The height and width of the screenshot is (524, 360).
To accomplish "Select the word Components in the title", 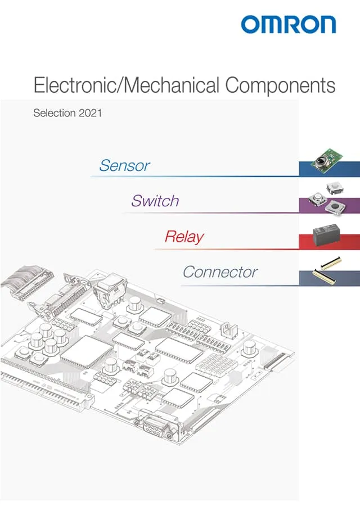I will click(280, 85).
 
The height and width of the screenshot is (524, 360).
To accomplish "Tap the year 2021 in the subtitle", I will click(91, 113).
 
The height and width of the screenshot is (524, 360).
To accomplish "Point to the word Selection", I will click(54, 113).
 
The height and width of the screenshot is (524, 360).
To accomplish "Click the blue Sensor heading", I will click(124, 165).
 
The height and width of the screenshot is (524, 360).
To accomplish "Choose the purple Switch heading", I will click(155, 201).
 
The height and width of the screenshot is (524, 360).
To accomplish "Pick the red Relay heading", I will click(184, 237).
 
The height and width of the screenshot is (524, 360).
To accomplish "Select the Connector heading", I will click(220, 272).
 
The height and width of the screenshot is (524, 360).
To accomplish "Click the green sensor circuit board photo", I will click(328, 160).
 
